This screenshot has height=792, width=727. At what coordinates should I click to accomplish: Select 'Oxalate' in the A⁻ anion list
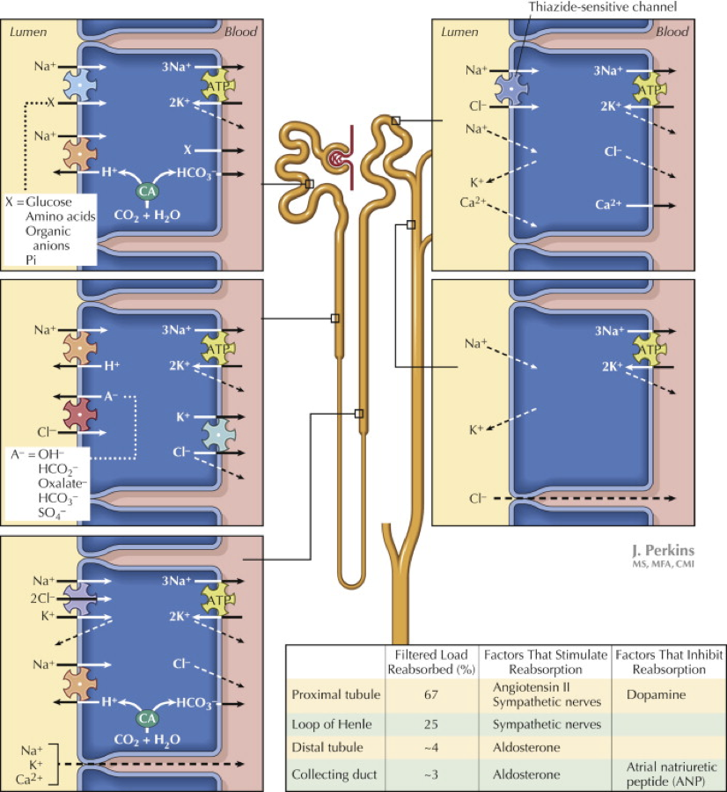[63, 482]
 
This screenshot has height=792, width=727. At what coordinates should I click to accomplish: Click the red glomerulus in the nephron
[336, 159]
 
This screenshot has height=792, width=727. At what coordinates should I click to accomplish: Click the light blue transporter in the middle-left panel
[217, 432]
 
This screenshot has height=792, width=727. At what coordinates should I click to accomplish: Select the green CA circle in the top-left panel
[146, 191]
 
